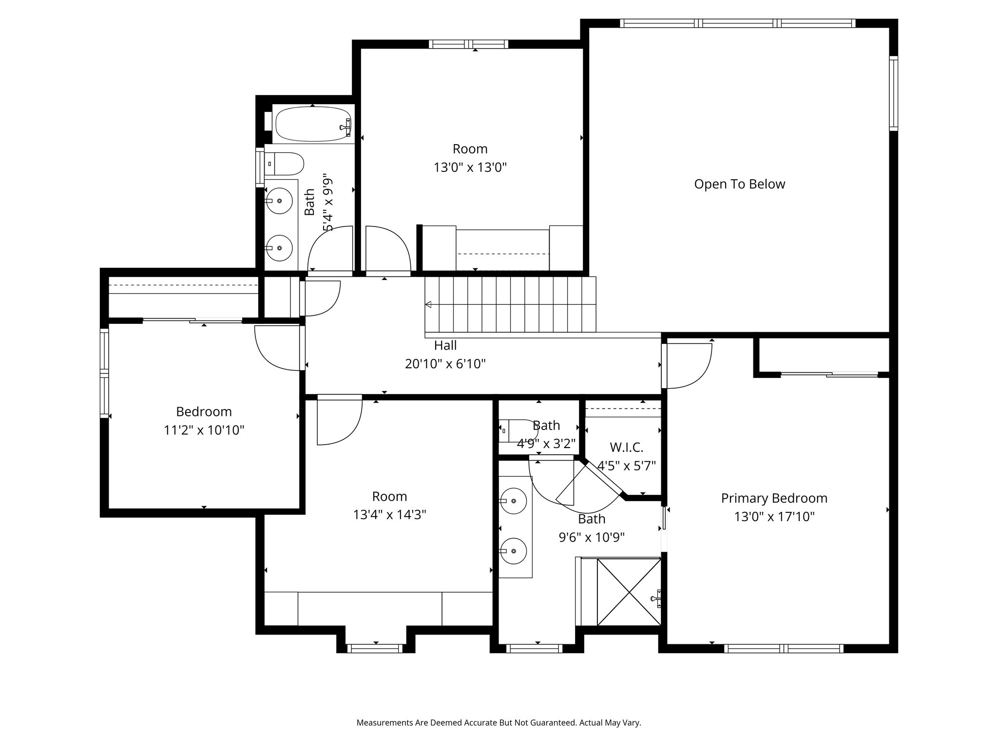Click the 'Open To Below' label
[739, 184]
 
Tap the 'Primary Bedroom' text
[774, 498]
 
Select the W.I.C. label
[627, 447]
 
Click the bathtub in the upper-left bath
[313, 124]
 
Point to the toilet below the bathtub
[284, 164]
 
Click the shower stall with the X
[629, 592]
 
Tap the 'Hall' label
[445, 345]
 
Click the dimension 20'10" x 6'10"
[445, 364]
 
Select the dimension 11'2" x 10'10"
[204, 430]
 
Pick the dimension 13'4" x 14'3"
[390, 515]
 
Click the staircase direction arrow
[428, 305]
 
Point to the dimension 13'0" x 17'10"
[774, 517]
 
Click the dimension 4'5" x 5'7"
[627, 466]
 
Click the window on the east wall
[893, 93]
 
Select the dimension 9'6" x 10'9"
[592, 537]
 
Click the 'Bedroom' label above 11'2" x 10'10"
[204, 411]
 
